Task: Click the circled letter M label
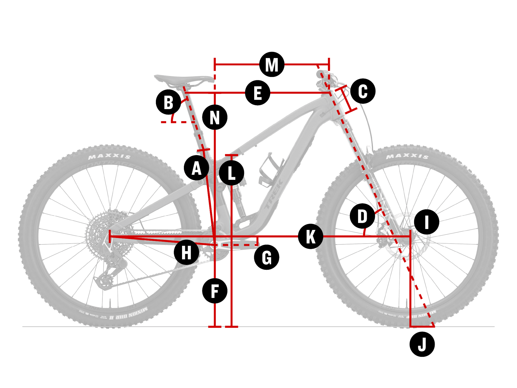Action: (272, 65)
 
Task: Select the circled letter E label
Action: (258, 93)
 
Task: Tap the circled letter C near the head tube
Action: (363, 91)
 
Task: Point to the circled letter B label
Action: (169, 102)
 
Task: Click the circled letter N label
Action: (215, 117)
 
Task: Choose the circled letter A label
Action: (197, 168)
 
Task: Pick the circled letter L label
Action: (232, 173)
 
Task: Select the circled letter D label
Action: (362, 216)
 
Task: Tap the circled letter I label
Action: (427, 222)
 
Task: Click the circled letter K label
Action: (310, 236)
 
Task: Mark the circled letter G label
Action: (267, 257)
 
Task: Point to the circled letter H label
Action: (186, 252)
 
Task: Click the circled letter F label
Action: (215, 291)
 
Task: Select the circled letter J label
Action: (422, 344)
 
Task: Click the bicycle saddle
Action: (183, 79)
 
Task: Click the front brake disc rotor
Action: (404, 237)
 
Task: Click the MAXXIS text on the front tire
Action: (407, 156)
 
